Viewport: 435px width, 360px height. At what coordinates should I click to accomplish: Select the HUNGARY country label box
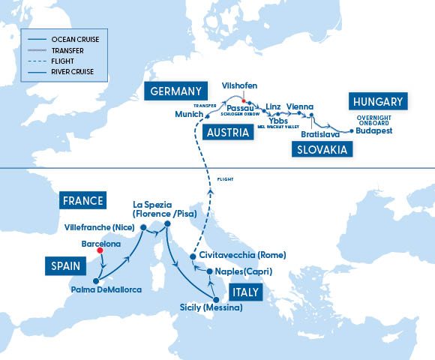[376, 102]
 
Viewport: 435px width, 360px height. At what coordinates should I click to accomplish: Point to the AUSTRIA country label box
[226, 133]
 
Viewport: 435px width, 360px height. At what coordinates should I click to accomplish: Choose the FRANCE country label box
[83, 201]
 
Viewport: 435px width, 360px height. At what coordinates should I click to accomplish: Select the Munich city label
[188, 114]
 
